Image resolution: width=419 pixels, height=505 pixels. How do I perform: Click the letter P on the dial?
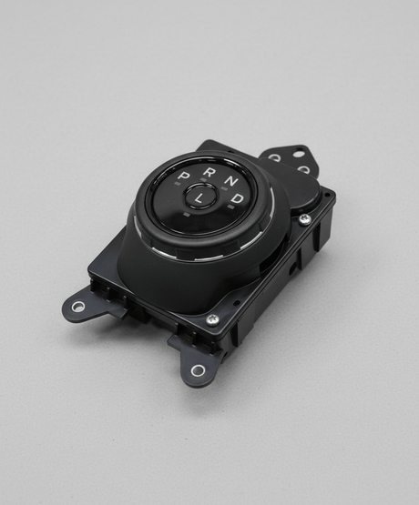click(x=184, y=176)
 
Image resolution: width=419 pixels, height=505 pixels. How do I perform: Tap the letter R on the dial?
click(x=209, y=171)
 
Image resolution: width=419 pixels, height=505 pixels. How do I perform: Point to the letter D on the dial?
click(x=237, y=197)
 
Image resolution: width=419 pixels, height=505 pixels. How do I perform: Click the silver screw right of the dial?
click(x=304, y=219)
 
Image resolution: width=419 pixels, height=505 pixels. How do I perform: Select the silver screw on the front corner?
click(x=212, y=319)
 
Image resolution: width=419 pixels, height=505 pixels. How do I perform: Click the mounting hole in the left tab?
click(x=78, y=307)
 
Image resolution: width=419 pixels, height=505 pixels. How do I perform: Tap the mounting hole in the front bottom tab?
click(x=198, y=369)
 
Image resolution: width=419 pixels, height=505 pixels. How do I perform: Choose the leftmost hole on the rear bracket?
click(x=274, y=157)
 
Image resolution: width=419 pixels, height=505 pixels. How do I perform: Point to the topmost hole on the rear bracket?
click(x=299, y=153)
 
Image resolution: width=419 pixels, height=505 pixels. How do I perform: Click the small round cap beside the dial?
click(x=301, y=191)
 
